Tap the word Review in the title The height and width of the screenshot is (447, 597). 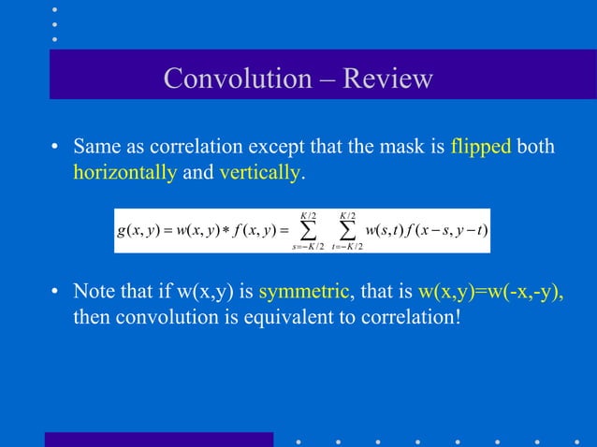click(x=387, y=78)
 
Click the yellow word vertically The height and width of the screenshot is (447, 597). click(x=260, y=172)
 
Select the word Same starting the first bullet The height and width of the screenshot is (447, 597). click(x=96, y=148)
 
